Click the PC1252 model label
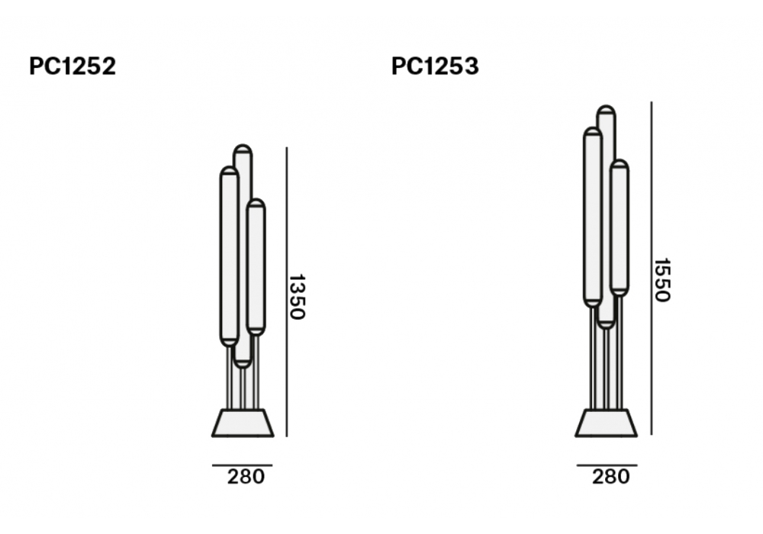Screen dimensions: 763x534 coord(72,66)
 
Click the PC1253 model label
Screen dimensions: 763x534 coord(435,66)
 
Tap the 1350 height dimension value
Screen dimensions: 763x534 coord(297,297)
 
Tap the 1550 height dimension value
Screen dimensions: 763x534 coord(662,280)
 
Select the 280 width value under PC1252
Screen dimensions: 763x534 coord(246,477)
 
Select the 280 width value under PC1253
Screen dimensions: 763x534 coord(610,477)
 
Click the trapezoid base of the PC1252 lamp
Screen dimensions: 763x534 coord(243,423)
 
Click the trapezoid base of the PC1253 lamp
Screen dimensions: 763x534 coord(607,423)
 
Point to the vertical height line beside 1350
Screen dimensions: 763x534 coord(287,292)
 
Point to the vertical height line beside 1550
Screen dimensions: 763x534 coord(652,268)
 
